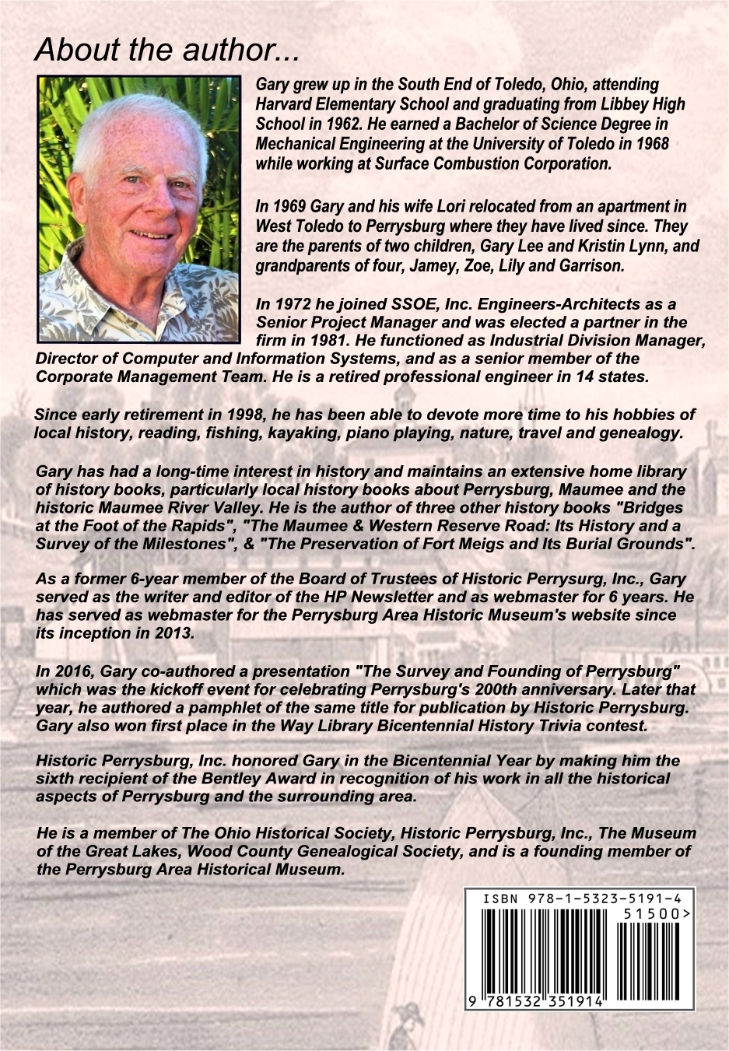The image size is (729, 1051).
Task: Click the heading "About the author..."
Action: tap(166, 50)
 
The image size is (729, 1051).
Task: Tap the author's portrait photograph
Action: tap(139, 208)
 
